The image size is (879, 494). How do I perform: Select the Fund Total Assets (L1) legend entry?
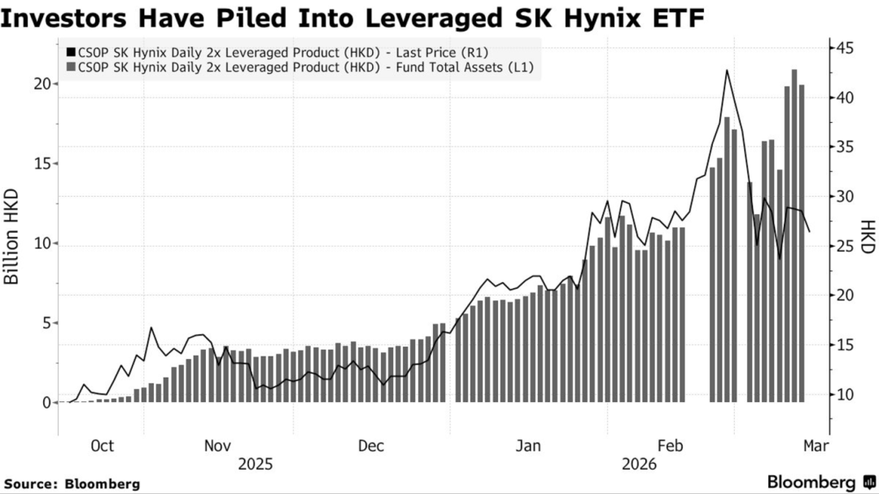tap(301, 68)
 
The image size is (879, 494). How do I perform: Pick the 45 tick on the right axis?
tap(844, 48)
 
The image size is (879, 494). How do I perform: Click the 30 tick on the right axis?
tap(844, 197)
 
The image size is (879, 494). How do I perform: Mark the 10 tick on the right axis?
tap(844, 395)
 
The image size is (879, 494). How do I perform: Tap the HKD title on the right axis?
tap(868, 236)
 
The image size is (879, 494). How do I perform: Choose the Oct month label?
tap(102, 445)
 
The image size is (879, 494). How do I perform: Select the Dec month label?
tap(370, 445)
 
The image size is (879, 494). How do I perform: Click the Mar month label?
tap(816, 445)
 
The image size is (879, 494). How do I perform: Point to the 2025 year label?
tap(255, 464)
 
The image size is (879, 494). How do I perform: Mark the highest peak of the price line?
tap(726, 71)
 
